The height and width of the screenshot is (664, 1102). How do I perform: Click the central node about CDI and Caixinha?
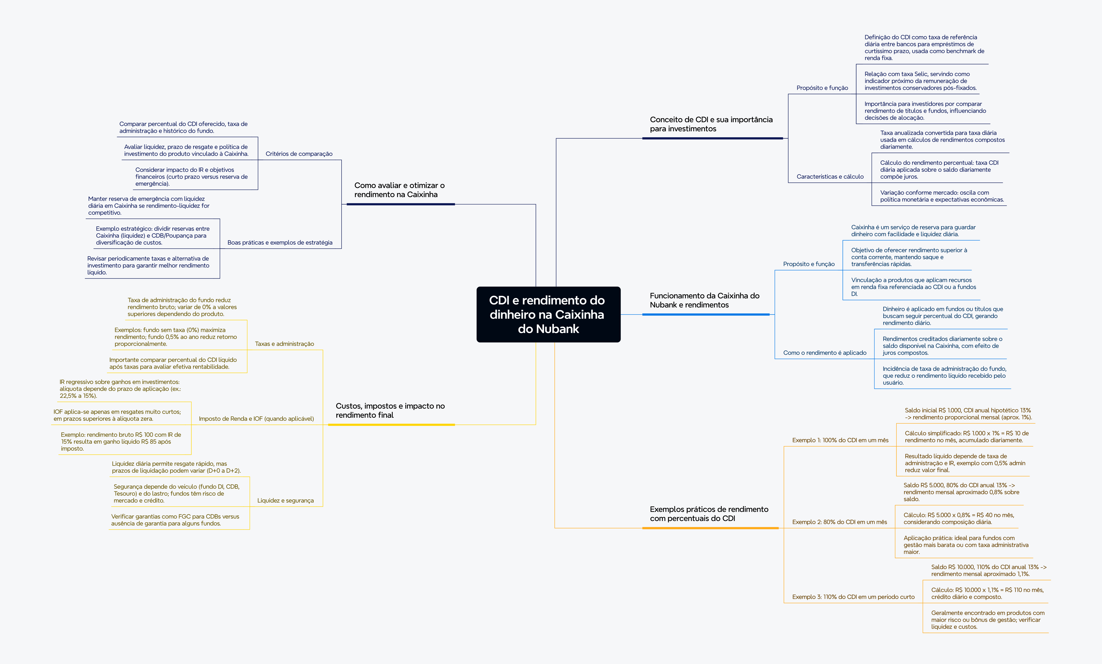click(548, 314)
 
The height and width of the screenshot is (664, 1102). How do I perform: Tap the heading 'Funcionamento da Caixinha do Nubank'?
click(704, 300)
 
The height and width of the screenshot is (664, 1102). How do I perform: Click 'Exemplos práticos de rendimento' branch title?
click(709, 514)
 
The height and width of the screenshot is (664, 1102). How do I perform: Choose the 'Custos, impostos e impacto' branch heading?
click(390, 410)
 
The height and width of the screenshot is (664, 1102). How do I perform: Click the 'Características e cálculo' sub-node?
click(830, 177)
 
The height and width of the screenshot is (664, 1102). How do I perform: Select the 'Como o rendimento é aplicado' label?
click(824, 353)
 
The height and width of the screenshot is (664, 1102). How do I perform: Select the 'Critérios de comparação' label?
click(299, 154)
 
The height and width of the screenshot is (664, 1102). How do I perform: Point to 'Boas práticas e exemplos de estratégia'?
click(280, 242)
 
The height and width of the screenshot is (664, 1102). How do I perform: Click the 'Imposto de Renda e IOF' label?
click(256, 419)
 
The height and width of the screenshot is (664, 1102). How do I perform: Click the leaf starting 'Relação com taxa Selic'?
click(920, 81)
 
